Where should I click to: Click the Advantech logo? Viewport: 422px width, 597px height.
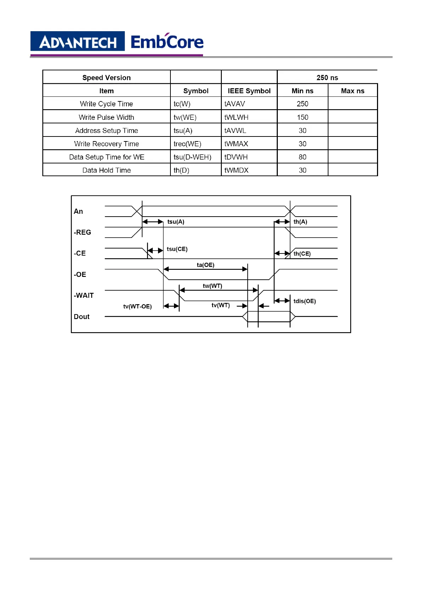pyautogui.click(x=78, y=42)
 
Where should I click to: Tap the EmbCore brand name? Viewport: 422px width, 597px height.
pyautogui.click(x=167, y=42)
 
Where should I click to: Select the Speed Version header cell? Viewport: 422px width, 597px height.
pyautogui.click(x=106, y=78)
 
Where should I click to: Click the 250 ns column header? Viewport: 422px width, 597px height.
pyautogui.click(x=327, y=78)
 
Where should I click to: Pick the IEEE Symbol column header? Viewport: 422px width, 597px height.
pyautogui.click(x=249, y=91)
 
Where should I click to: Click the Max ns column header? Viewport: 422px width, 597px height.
pyautogui.click(x=353, y=91)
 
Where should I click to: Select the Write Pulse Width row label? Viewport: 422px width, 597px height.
pyautogui.click(x=106, y=117)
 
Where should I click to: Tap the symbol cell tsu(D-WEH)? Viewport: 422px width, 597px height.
pyautogui.click(x=192, y=157)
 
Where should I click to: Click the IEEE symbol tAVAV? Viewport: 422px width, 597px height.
pyautogui.click(x=235, y=104)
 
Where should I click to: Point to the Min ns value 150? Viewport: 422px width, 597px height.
pyautogui.click(x=303, y=117)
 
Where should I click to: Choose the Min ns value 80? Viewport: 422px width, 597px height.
pyautogui.click(x=303, y=157)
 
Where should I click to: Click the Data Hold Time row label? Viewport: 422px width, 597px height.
pyautogui.click(x=106, y=170)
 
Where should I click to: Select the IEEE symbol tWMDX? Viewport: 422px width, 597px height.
pyautogui.click(x=236, y=170)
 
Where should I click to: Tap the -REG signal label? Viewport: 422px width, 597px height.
pyautogui.click(x=82, y=232)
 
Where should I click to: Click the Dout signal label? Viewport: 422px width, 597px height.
pyautogui.click(x=81, y=317)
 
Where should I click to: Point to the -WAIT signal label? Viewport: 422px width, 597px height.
pyautogui.click(x=84, y=295)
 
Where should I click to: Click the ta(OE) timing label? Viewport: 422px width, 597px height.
pyautogui.click(x=206, y=265)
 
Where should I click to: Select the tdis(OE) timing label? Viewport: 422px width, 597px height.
pyautogui.click(x=304, y=301)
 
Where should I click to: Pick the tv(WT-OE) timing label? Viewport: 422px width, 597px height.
pyautogui.click(x=137, y=306)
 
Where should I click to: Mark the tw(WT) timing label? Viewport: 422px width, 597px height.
pyautogui.click(x=212, y=286)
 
